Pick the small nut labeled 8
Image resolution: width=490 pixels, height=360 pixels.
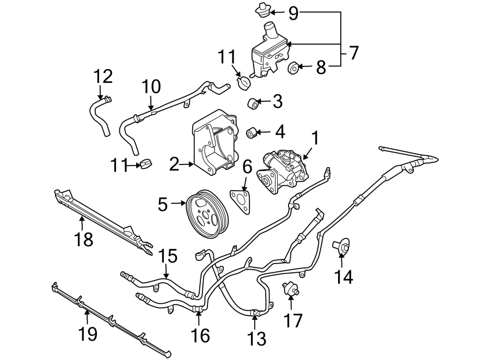[293, 68]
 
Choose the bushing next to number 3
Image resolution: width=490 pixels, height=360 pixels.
[253, 103]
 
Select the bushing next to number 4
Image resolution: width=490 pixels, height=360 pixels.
[252, 132]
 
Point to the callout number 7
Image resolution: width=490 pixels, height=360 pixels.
[353, 53]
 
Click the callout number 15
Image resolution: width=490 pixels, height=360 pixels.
[168, 255]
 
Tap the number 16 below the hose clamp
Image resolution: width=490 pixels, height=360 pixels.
[200, 335]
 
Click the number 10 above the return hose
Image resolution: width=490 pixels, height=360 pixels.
[151, 87]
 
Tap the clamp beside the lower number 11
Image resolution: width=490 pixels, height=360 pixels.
[146, 163]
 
